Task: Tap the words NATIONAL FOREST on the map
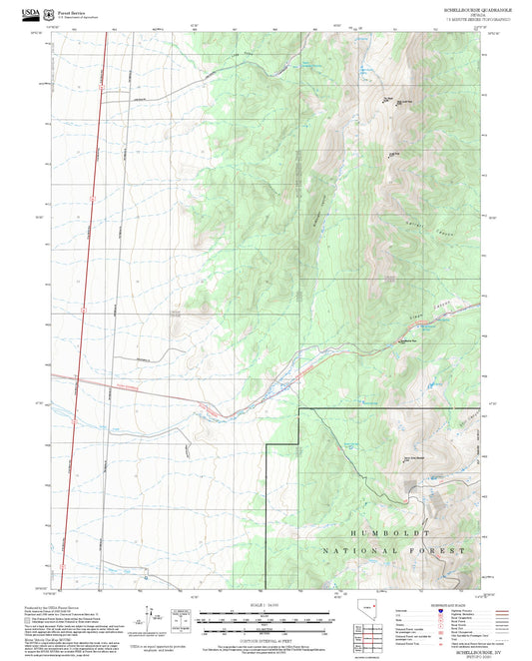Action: pyautogui.click(x=393, y=550)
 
